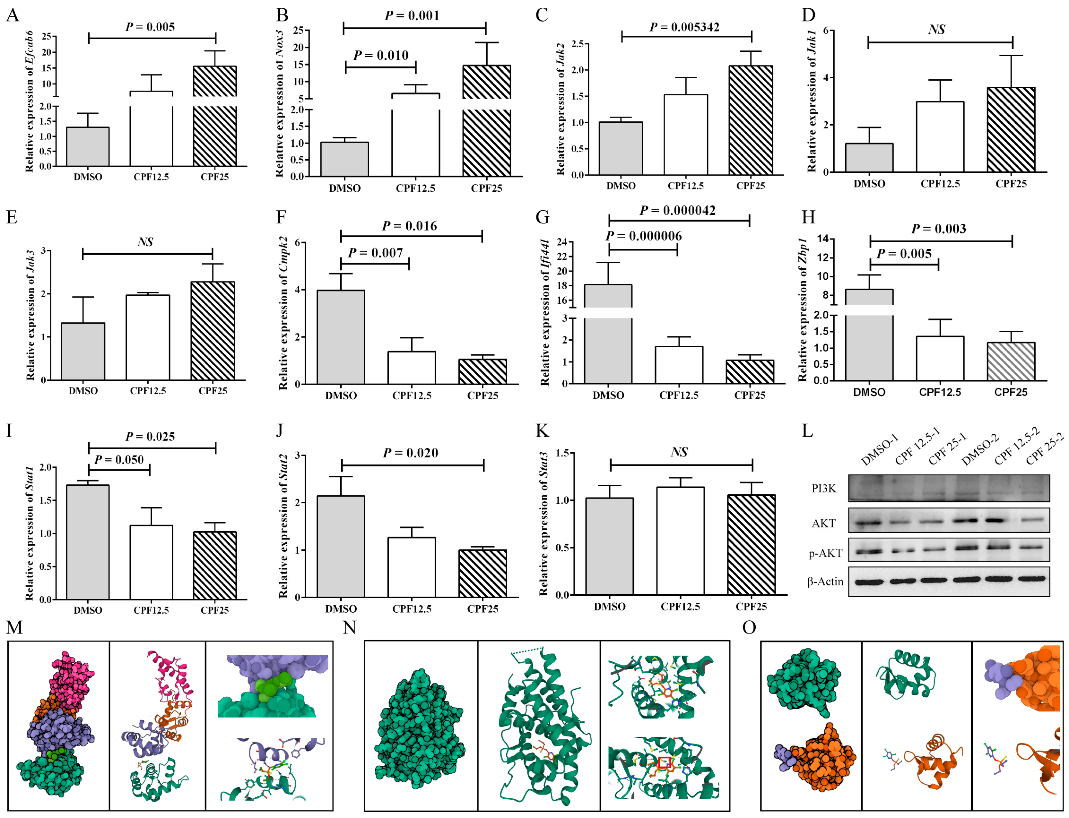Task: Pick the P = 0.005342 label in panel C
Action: (x=684, y=27)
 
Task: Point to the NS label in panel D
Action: (x=936, y=30)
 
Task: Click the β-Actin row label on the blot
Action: (x=825, y=581)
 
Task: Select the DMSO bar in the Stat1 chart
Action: (x=88, y=542)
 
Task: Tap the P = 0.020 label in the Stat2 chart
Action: (x=410, y=453)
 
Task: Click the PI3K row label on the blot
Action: (x=824, y=488)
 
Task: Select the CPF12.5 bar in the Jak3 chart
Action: (x=148, y=337)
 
